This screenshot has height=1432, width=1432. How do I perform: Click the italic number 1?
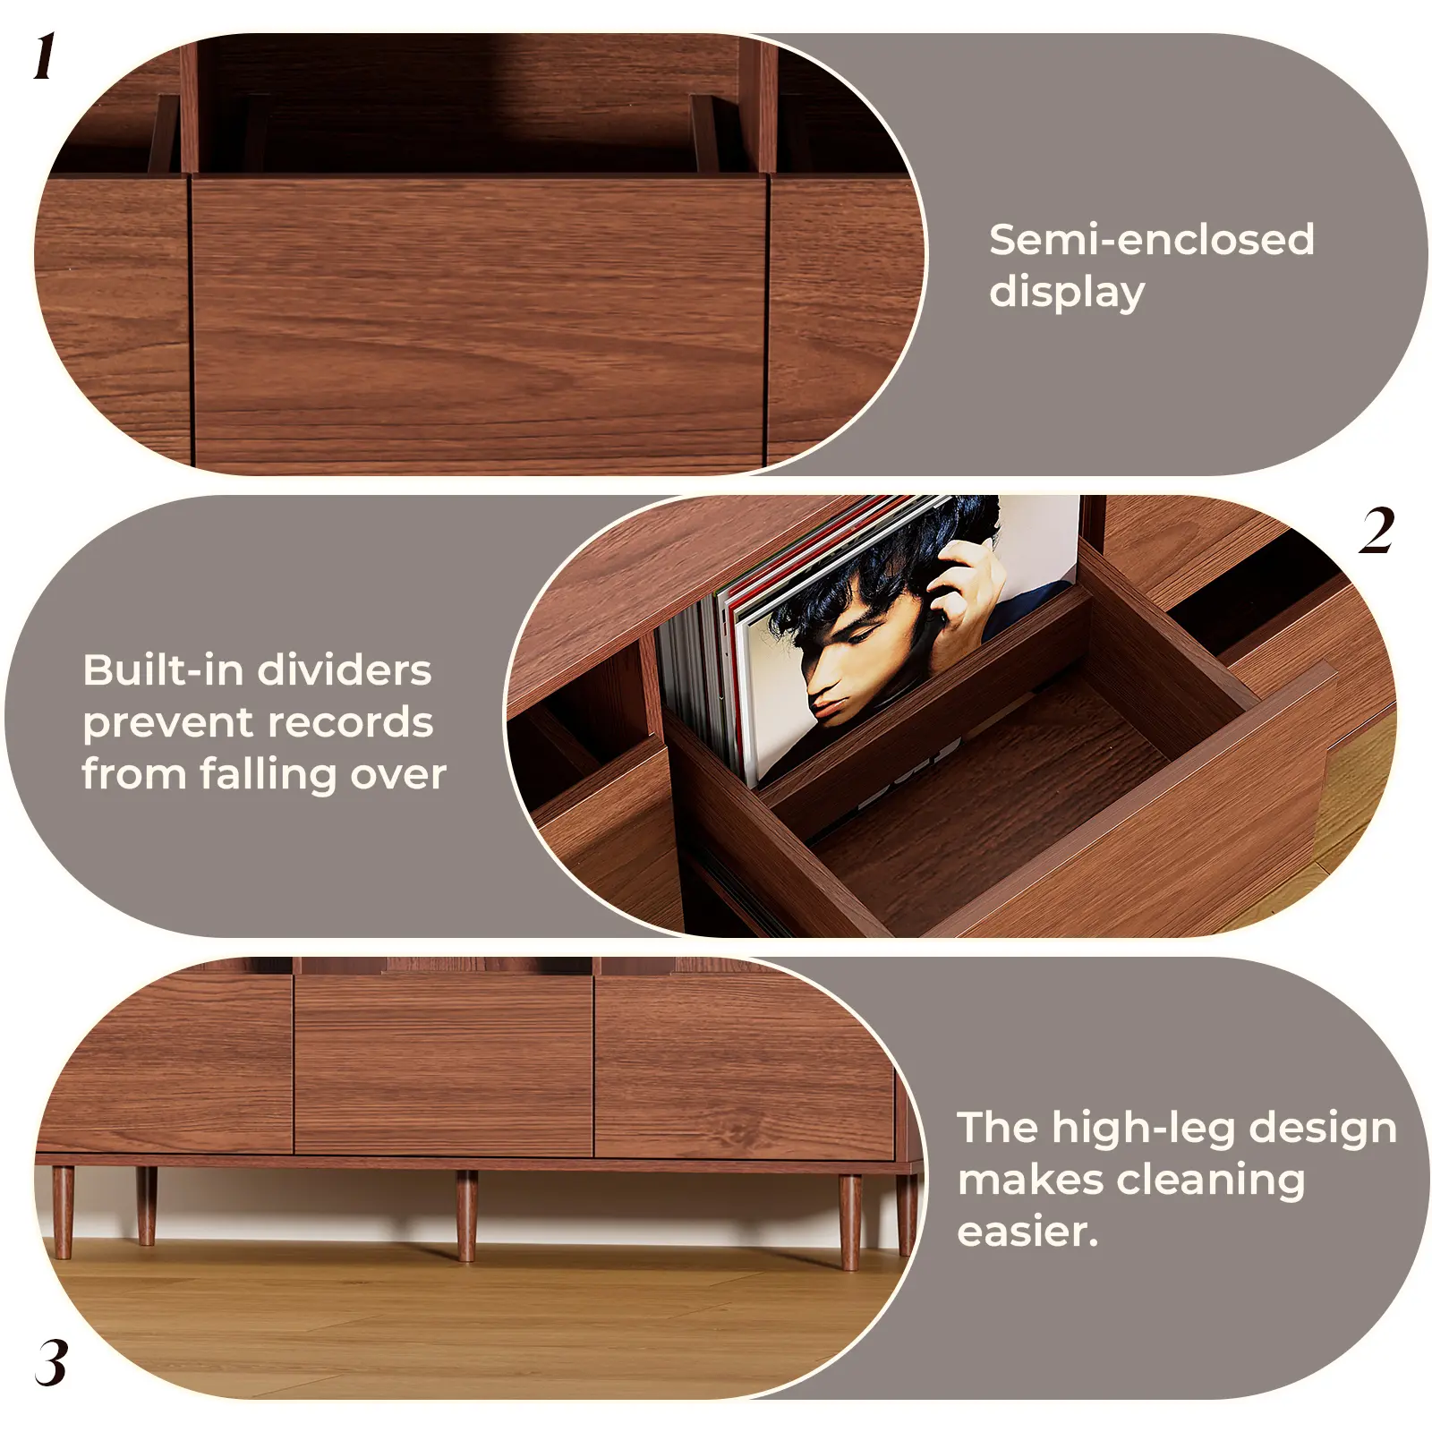point(46,56)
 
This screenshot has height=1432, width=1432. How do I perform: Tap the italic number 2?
point(1377,530)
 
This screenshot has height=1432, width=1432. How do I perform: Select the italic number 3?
point(52,1363)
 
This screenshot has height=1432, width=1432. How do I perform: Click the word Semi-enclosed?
point(1151,240)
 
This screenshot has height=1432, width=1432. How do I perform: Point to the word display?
point(1067,293)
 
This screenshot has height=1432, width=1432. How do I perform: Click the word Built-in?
point(157,669)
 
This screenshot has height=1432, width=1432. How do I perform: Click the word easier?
point(1027,1232)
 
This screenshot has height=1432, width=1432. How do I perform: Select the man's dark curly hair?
point(886,573)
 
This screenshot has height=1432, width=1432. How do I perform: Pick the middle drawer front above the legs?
point(443,1065)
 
